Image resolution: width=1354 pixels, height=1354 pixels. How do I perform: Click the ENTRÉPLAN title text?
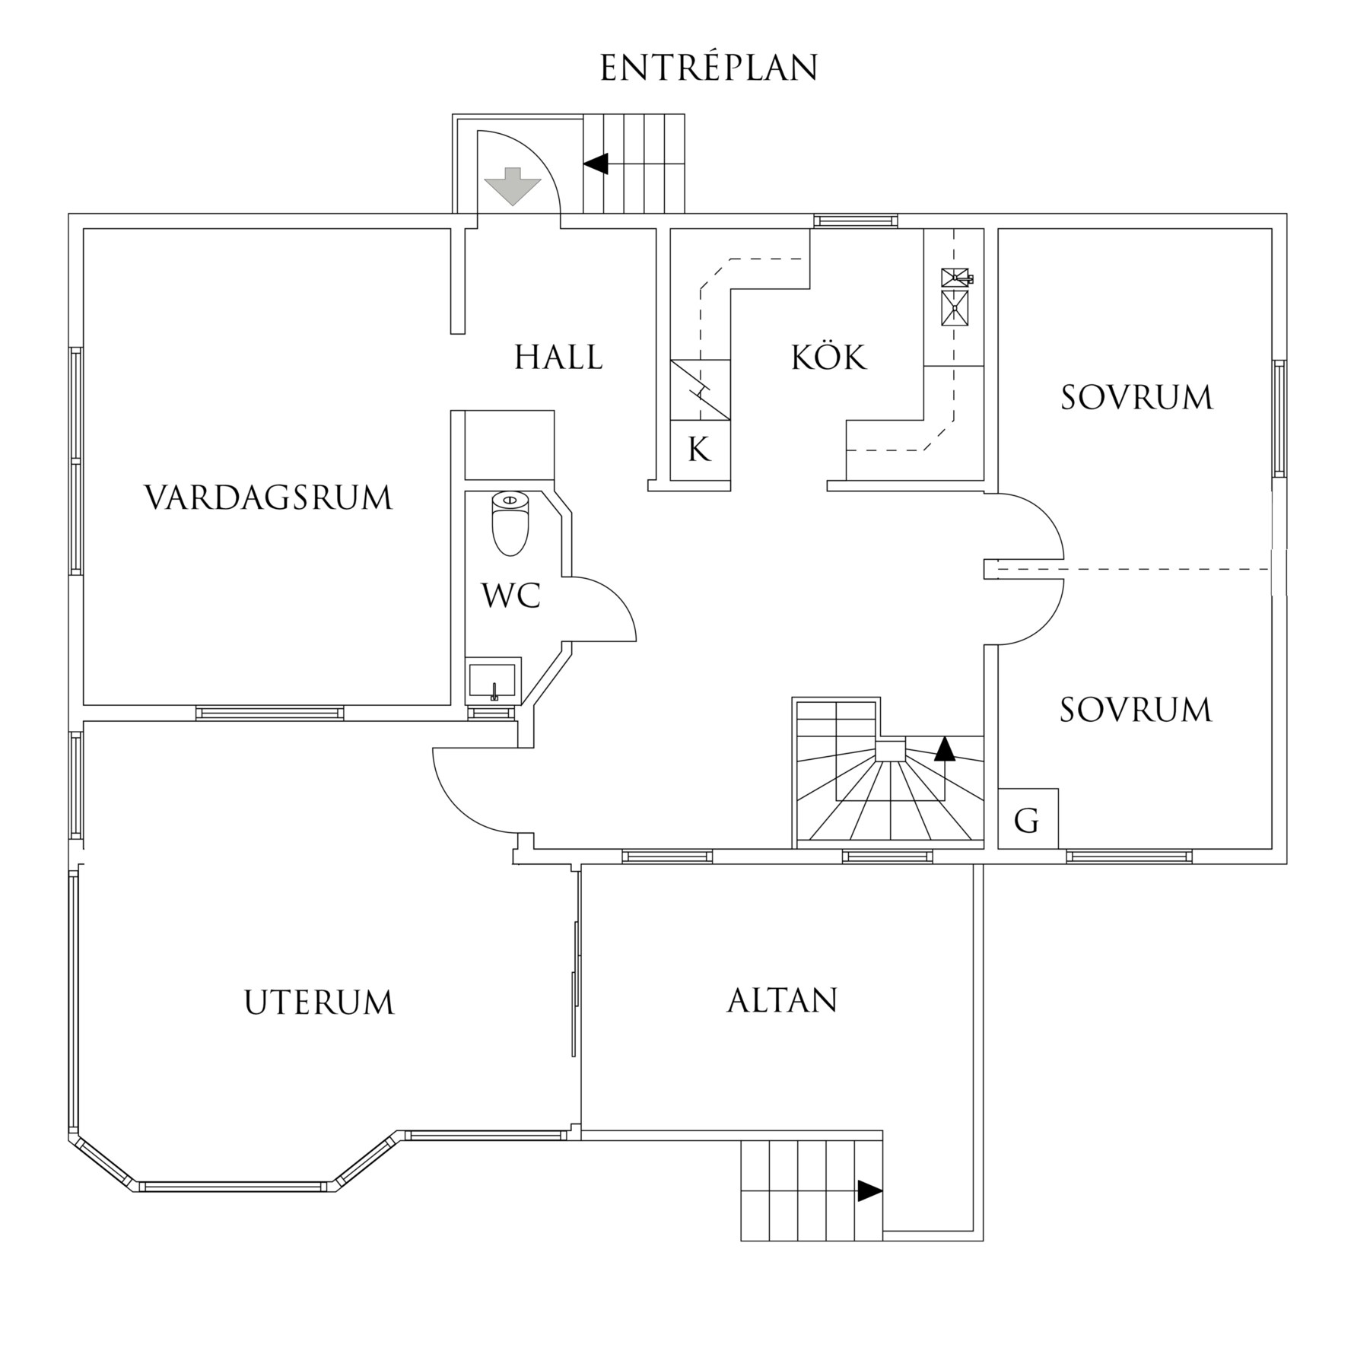click(709, 68)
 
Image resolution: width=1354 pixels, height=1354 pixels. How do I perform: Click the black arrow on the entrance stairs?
click(596, 164)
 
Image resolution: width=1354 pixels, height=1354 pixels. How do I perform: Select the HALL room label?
click(558, 358)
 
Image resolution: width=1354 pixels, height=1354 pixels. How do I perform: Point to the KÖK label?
click(828, 358)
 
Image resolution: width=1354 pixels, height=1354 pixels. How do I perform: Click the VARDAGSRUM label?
click(269, 498)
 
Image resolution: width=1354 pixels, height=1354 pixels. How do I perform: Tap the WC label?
click(511, 596)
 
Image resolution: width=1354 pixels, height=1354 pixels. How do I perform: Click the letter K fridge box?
click(699, 450)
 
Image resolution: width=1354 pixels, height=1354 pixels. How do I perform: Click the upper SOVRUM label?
click(1136, 398)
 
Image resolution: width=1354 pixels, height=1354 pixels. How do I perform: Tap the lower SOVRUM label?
click(1135, 710)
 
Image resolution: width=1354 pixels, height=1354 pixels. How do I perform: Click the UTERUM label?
click(319, 1003)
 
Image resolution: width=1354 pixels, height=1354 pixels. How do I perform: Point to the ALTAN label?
click(782, 1000)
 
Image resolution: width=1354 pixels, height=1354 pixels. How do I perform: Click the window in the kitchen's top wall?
click(855, 221)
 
